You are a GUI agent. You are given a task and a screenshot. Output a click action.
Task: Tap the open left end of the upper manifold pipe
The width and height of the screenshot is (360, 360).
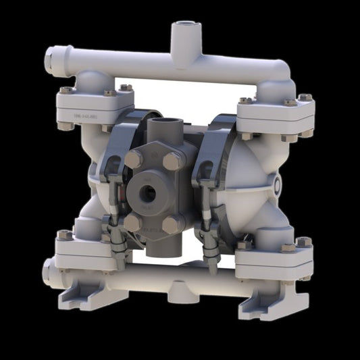coord(49,59)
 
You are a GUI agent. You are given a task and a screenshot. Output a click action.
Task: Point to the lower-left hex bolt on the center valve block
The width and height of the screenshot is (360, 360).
coord(132,222)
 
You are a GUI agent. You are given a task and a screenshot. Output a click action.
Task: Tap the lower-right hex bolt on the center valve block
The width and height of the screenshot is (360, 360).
coord(171,224)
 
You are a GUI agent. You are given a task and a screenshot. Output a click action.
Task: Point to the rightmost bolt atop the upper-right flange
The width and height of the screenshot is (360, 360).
coord(305,99)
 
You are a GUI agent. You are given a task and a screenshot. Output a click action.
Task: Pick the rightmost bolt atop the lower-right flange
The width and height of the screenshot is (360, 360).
coord(303,242)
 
